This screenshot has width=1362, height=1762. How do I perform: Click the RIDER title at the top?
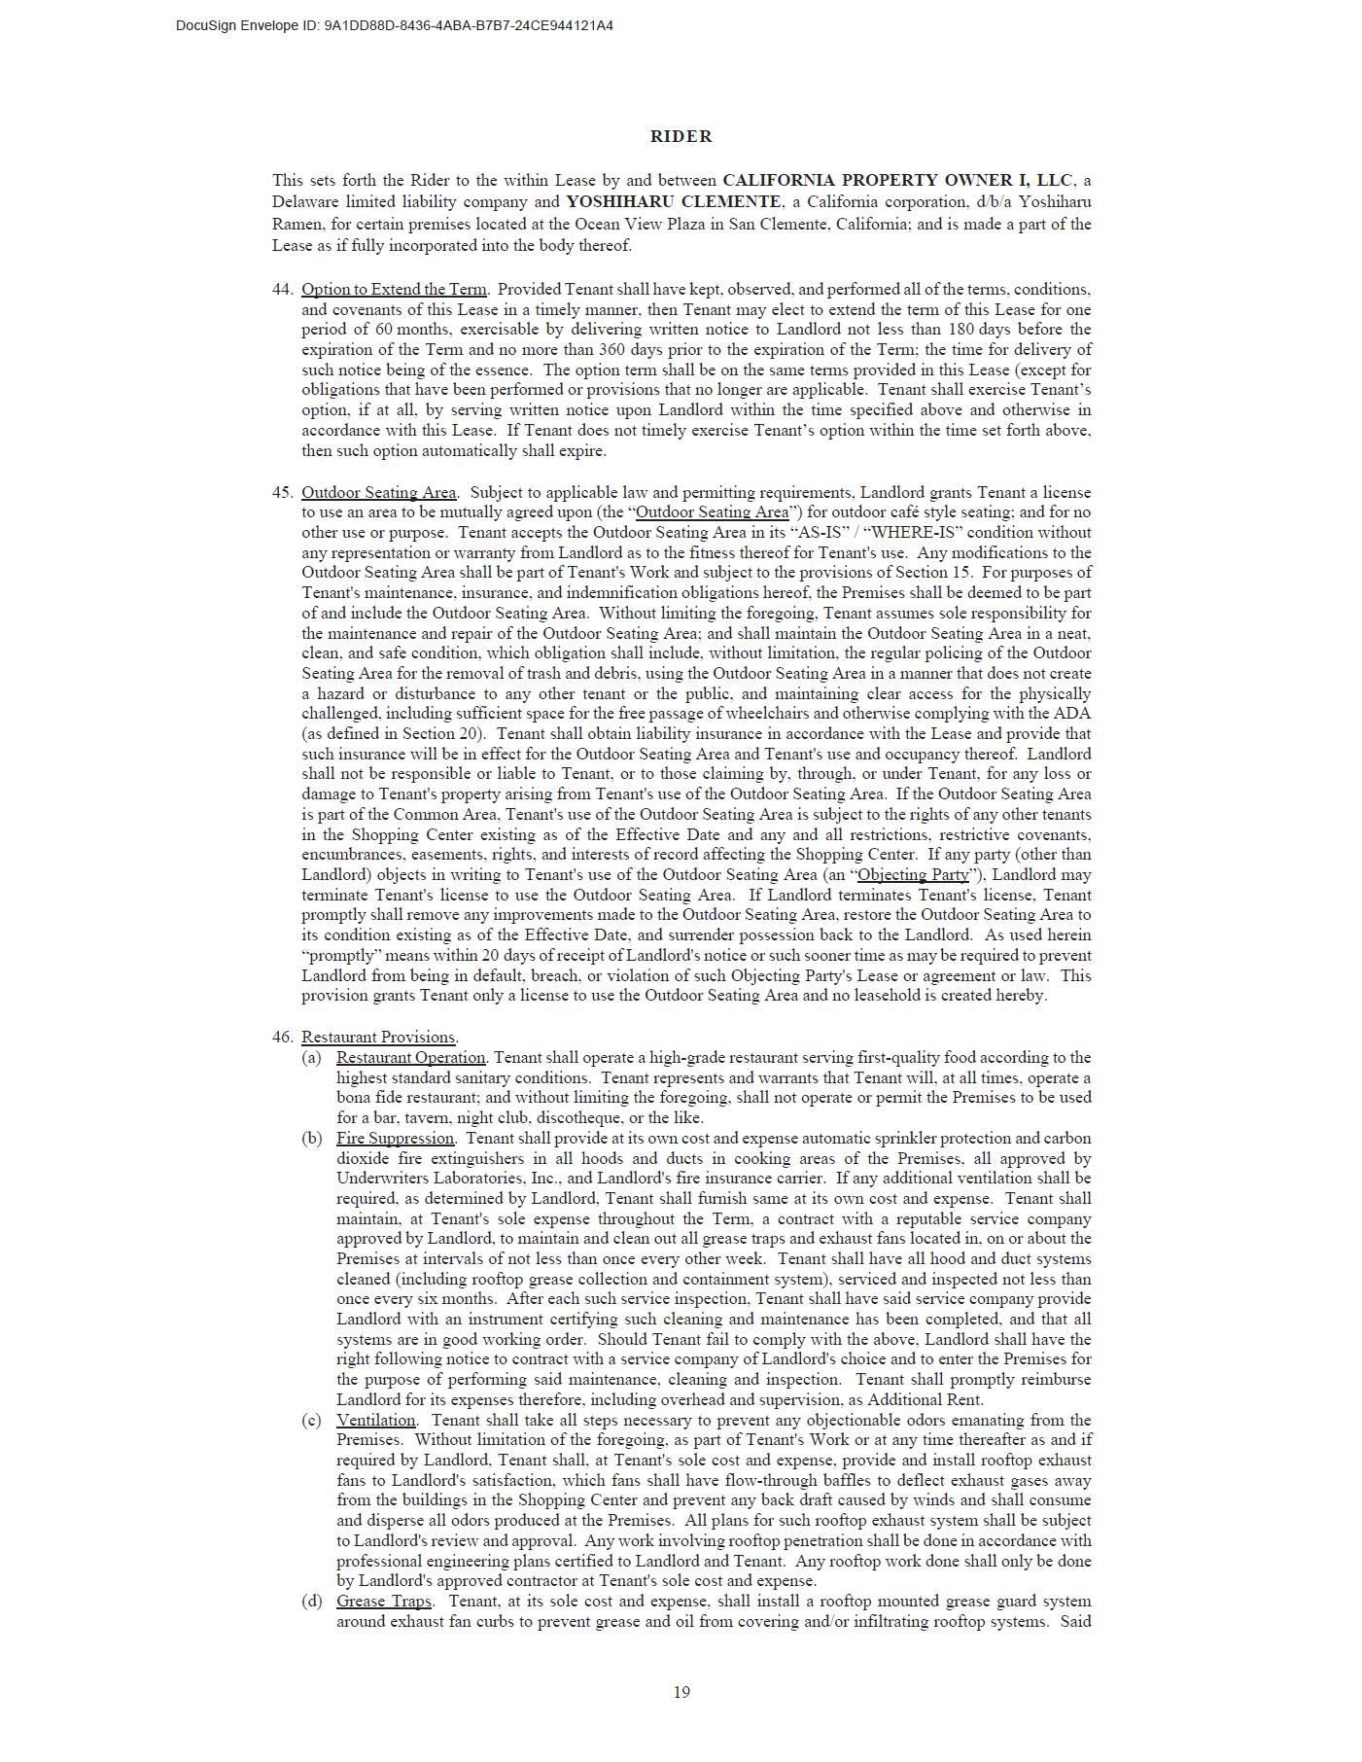click(x=681, y=137)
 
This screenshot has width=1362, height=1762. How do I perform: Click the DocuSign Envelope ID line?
click(x=394, y=26)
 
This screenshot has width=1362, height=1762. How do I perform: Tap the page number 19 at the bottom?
click(x=681, y=1692)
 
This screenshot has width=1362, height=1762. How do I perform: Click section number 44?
click(x=282, y=290)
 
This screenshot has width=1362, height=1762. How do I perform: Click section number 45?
click(x=282, y=493)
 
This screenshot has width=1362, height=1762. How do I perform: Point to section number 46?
click(x=282, y=1038)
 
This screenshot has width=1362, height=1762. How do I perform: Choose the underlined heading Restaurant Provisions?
click(x=378, y=1038)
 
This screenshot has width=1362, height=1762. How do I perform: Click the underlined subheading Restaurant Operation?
click(x=410, y=1058)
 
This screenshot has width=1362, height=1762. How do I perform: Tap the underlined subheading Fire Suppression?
click(x=395, y=1139)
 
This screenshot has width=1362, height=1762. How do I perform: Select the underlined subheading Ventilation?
click(x=376, y=1421)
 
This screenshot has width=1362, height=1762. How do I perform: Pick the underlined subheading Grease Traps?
click(x=384, y=1602)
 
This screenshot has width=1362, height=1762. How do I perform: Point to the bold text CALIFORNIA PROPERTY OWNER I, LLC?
click(x=897, y=181)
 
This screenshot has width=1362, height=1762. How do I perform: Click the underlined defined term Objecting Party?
click(x=913, y=875)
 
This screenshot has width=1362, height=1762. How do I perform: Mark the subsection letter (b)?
click(x=311, y=1139)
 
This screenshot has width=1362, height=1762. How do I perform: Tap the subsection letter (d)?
click(x=311, y=1602)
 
